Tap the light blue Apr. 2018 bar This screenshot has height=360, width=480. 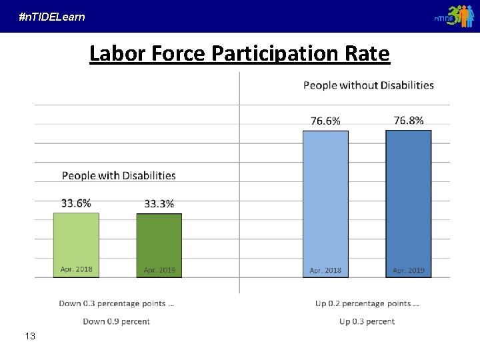click(325, 200)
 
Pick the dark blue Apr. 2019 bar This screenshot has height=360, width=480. click(409, 200)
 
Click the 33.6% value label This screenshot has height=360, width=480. click(76, 203)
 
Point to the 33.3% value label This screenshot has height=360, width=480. click(159, 204)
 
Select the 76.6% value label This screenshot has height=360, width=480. click(325, 121)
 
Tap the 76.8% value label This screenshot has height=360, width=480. click(409, 120)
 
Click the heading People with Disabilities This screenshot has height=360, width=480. click(119, 176)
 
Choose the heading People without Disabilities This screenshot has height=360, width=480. click(369, 85)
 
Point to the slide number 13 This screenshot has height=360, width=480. click(30, 336)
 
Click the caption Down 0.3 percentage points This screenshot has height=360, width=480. click(117, 303)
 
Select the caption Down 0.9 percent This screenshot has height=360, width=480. click(116, 321)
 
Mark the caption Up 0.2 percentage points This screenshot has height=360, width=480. click(367, 303)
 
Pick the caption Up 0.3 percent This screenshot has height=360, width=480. click(367, 321)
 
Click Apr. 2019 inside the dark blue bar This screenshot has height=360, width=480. click(409, 271)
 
